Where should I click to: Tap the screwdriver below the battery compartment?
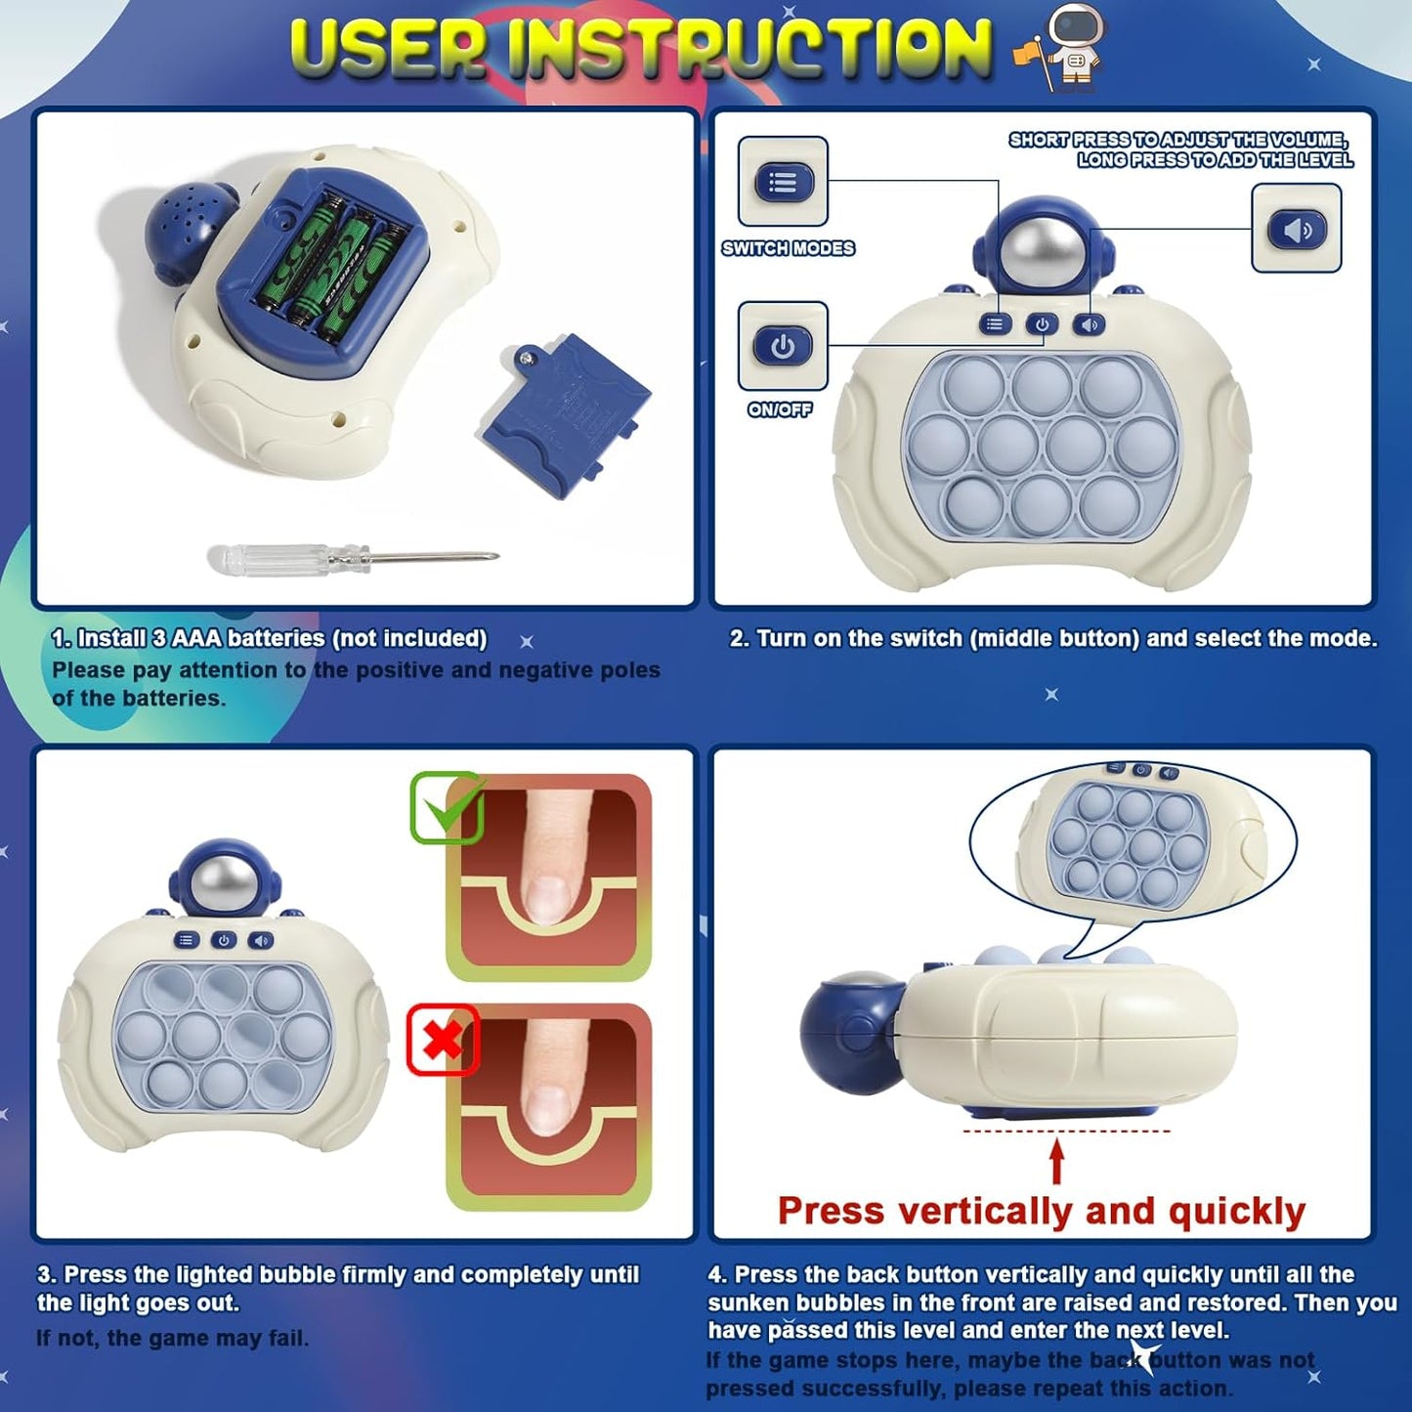point(353,558)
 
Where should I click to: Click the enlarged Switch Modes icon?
point(783,181)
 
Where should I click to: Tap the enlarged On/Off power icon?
point(783,345)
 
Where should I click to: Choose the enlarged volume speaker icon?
point(1297,228)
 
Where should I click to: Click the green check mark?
point(447,807)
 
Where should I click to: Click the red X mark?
point(443,1040)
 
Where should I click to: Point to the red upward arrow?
point(1056,1163)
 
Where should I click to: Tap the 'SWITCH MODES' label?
point(788,248)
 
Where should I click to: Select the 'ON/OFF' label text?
point(780,409)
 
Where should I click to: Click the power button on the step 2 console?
point(1042,323)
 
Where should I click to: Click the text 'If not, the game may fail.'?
point(173,1338)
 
